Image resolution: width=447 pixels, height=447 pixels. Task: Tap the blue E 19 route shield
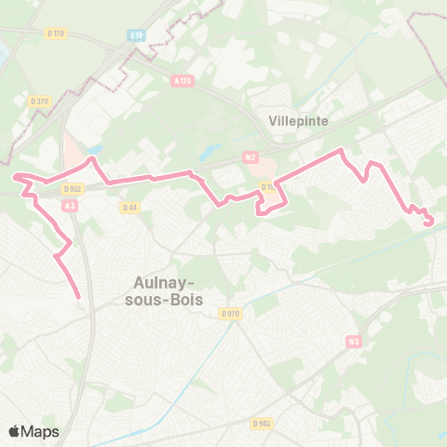tap(138, 34)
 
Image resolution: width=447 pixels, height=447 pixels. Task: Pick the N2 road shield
tap(250, 157)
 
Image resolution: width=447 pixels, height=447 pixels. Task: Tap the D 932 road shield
tap(73, 187)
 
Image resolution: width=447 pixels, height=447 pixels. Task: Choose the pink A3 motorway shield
tap(70, 206)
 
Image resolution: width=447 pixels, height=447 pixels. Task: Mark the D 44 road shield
tap(129, 207)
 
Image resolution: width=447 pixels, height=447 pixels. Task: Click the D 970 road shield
tap(231, 314)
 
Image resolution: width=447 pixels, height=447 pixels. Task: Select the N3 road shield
tap(354, 342)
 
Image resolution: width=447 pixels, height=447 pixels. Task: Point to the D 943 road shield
tap(262, 423)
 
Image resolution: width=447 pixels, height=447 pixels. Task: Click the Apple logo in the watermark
tap(15, 431)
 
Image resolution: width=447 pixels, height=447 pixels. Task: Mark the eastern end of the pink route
tap(429, 222)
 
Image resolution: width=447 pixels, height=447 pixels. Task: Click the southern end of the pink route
tap(78, 297)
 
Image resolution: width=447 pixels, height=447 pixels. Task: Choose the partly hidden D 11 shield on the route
tap(268, 187)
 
